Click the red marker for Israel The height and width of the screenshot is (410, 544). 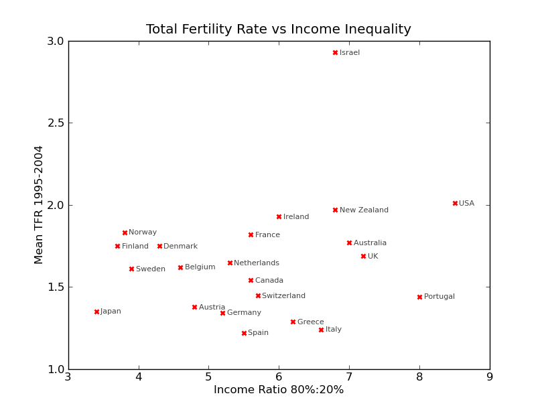[x=335, y=52]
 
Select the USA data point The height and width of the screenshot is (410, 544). [x=455, y=203]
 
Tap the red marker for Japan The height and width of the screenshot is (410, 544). [x=96, y=312]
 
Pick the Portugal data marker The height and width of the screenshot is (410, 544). [x=419, y=297]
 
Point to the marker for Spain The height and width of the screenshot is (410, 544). [x=244, y=333]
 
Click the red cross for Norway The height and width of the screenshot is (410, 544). [x=125, y=232]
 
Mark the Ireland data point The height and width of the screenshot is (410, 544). [x=279, y=216]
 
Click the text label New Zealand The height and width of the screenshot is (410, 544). [x=364, y=210]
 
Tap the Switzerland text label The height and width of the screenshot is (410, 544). [x=283, y=296]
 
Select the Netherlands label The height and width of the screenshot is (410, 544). [x=257, y=263]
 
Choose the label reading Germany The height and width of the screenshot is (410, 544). [x=244, y=313]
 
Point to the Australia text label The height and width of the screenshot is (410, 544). [x=370, y=243]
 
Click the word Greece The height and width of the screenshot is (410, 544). [x=310, y=322]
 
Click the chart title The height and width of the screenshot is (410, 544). [x=279, y=29]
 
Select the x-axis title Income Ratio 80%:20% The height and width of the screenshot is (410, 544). [x=279, y=390]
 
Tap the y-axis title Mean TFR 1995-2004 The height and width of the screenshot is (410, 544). [x=39, y=204]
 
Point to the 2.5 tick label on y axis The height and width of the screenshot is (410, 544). [x=56, y=123]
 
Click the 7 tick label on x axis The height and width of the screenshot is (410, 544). [x=349, y=377]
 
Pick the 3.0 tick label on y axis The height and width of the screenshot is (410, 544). [x=56, y=41]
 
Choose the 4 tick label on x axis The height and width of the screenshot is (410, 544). [x=139, y=377]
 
